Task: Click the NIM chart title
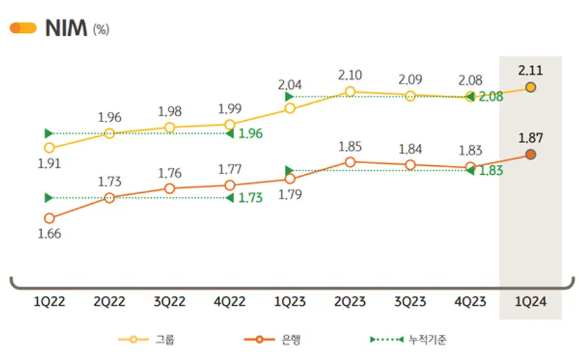coord(66,29)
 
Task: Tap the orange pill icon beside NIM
coord(23,28)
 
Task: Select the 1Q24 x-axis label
coord(530,303)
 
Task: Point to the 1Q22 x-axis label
coord(50,303)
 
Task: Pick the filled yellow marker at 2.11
coord(530,87)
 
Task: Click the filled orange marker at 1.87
coord(530,154)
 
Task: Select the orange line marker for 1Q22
coord(50,219)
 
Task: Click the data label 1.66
coord(50,234)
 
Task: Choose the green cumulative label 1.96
coord(250,134)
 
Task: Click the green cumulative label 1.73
coord(250,198)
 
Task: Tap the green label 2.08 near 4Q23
coord(490,97)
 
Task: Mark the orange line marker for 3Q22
coord(169,188)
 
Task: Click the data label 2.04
coord(289,84)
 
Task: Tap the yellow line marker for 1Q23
coord(289,108)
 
